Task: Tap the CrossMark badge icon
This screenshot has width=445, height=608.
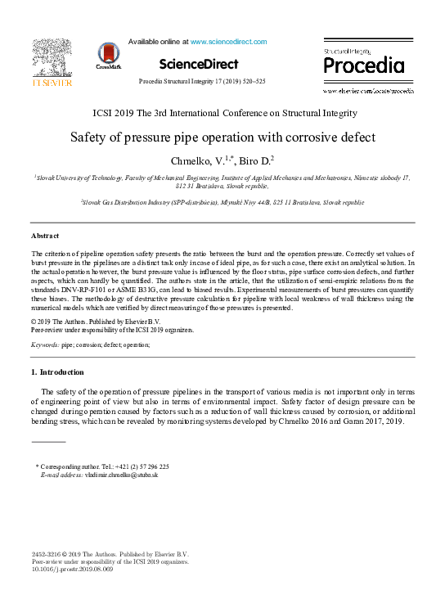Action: point(107,55)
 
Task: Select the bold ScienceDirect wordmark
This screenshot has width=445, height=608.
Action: point(199,64)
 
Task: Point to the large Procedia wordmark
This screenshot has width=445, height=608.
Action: point(364,65)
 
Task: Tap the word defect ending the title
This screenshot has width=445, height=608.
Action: point(357,137)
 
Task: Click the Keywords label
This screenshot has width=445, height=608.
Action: point(44,346)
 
